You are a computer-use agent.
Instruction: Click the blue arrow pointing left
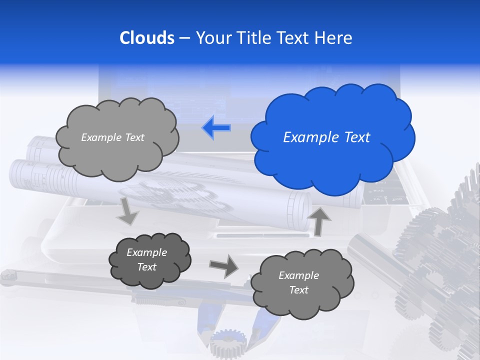pyautogui.click(x=216, y=127)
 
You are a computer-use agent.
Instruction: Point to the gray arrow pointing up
pyautogui.click(x=320, y=220)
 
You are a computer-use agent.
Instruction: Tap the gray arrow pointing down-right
pyautogui.click(x=128, y=211)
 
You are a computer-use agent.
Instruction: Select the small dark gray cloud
pyautogui.click(x=148, y=260)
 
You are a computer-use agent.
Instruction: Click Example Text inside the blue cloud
pyautogui.click(x=326, y=137)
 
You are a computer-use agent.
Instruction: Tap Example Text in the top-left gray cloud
pyautogui.click(x=112, y=137)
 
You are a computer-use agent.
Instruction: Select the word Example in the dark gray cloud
pyautogui.click(x=147, y=252)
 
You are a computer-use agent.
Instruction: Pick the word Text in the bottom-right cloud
pyautogui.click(x=299, y=290)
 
